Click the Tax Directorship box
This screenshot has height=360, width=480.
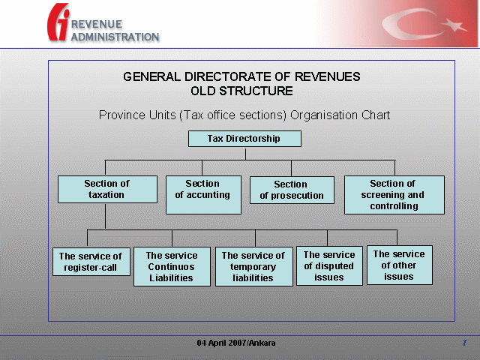(x=244, y=139)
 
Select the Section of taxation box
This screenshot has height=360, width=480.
(x=107, y=189)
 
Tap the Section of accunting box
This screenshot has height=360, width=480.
(x=203, y=195)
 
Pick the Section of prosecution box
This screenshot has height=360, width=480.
(x=292, y=190)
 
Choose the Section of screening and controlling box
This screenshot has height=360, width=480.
(x=394, y=195)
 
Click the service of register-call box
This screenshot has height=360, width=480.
(x=91, y=262)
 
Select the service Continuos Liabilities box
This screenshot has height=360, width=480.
(x=172, y=267)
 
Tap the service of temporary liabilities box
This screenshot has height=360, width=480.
(x=254, y=267)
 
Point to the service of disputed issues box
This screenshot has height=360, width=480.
(x=329, y=266)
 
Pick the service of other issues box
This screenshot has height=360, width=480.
(x=400, y=265)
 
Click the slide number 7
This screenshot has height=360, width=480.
(x=464, y=343)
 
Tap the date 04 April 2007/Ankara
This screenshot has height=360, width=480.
(x=236, y=343)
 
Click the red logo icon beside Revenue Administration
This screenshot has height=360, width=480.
(x=58, y=22)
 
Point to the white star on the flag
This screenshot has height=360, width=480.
(x=455, y=25)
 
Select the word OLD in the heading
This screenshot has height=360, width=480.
(x=203, y=91)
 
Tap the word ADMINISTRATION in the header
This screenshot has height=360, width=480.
(x=115, y=37)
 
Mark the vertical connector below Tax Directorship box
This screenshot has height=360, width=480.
(x=245, y=154)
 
